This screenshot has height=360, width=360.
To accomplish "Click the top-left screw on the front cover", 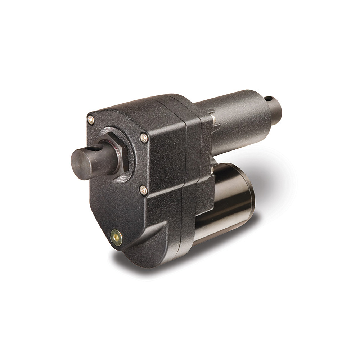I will (x=91, y=120).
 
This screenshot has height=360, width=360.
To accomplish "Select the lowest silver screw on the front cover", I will (x=143, y=190).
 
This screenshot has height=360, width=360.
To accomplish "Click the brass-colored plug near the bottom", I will (x=116, y=238).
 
